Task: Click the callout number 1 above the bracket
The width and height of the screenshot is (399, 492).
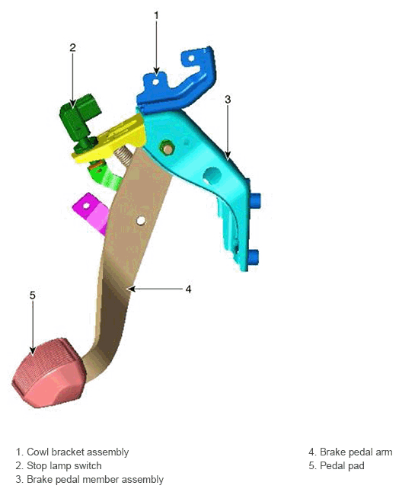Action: click(x=156, y=15)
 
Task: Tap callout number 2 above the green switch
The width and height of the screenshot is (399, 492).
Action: click(x=72, y=48)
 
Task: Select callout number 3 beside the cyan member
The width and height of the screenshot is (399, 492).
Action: click(x=228, y=100)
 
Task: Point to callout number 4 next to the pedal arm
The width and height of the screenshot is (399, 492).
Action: click(x=188, y=289)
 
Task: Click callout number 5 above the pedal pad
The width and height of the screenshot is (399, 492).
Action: click(x=33, y=296)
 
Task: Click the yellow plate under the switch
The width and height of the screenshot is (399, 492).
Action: click(x=110, y=139)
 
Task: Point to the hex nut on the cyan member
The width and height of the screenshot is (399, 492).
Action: click(x=168, y=148)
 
